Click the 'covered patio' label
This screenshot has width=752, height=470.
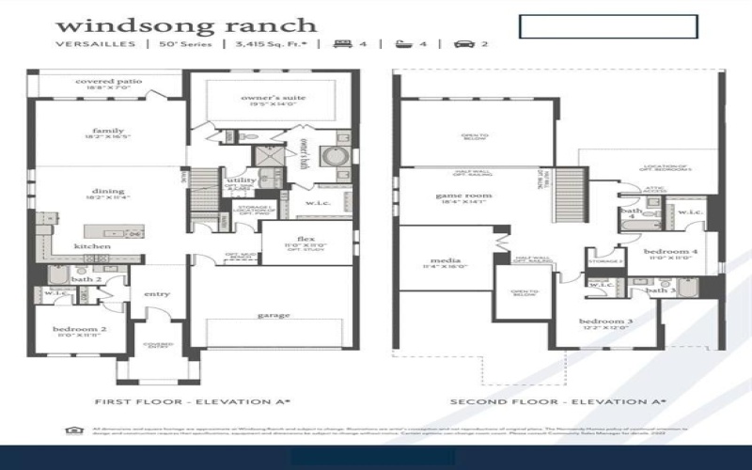pyautogui.click(x=109, y=82)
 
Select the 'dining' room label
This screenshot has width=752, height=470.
pyautogui.click(x=108, y=191)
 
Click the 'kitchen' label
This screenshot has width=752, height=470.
pyautogui.click(x=93, y=246)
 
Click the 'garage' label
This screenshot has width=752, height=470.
pyautogui.click(x=274, y=315)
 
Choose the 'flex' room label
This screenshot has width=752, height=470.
pyautogui.click(x=305, y=238)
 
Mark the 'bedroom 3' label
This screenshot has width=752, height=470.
pyautogui.click(x=604, y=321)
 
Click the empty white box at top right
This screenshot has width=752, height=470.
pyautogui.click(x=608, y=26)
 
